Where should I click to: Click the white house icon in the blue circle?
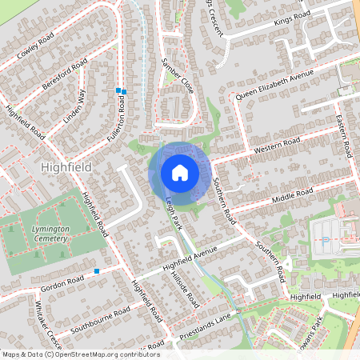tap(179, 173)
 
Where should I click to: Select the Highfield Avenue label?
tap(190, 258)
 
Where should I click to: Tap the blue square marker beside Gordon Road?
tap(97, 271)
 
